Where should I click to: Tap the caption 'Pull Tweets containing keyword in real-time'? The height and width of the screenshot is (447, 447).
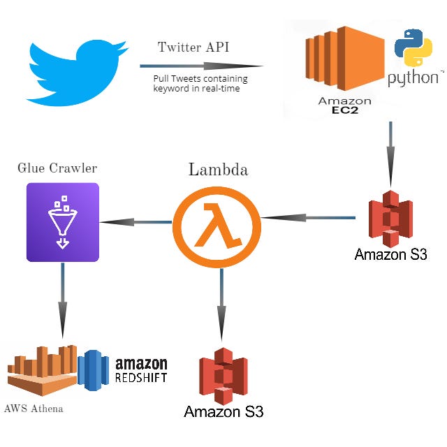[x=200, y=84]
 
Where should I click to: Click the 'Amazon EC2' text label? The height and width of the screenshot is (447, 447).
[x=344, y=105]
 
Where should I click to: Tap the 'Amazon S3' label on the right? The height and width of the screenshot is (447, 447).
[x=390, y=254]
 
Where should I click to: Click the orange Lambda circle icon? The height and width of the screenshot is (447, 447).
[x=217, y=223]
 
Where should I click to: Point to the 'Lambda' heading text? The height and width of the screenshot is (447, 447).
[x=217, y=170]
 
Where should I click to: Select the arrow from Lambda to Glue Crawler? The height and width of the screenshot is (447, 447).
[x=135, y=222]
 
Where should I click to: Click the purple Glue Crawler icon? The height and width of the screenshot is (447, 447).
[x=63, y=222]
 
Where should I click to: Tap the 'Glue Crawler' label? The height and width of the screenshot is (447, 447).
[x=57, y=168]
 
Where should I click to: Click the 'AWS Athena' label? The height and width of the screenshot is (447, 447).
[x=34, y=408]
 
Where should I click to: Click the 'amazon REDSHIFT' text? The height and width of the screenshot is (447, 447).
[x=140, y=370]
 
